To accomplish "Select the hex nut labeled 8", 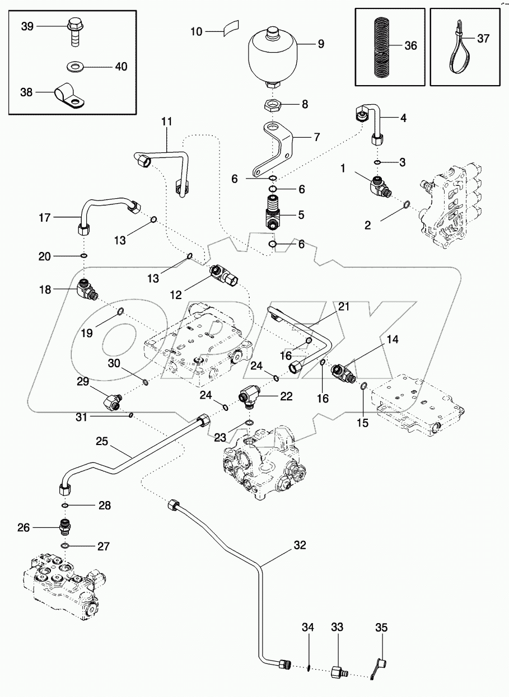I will (x=272, y=105).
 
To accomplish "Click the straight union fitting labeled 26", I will (x=66, y=527).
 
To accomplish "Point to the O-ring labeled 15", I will (x=364, y=386).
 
